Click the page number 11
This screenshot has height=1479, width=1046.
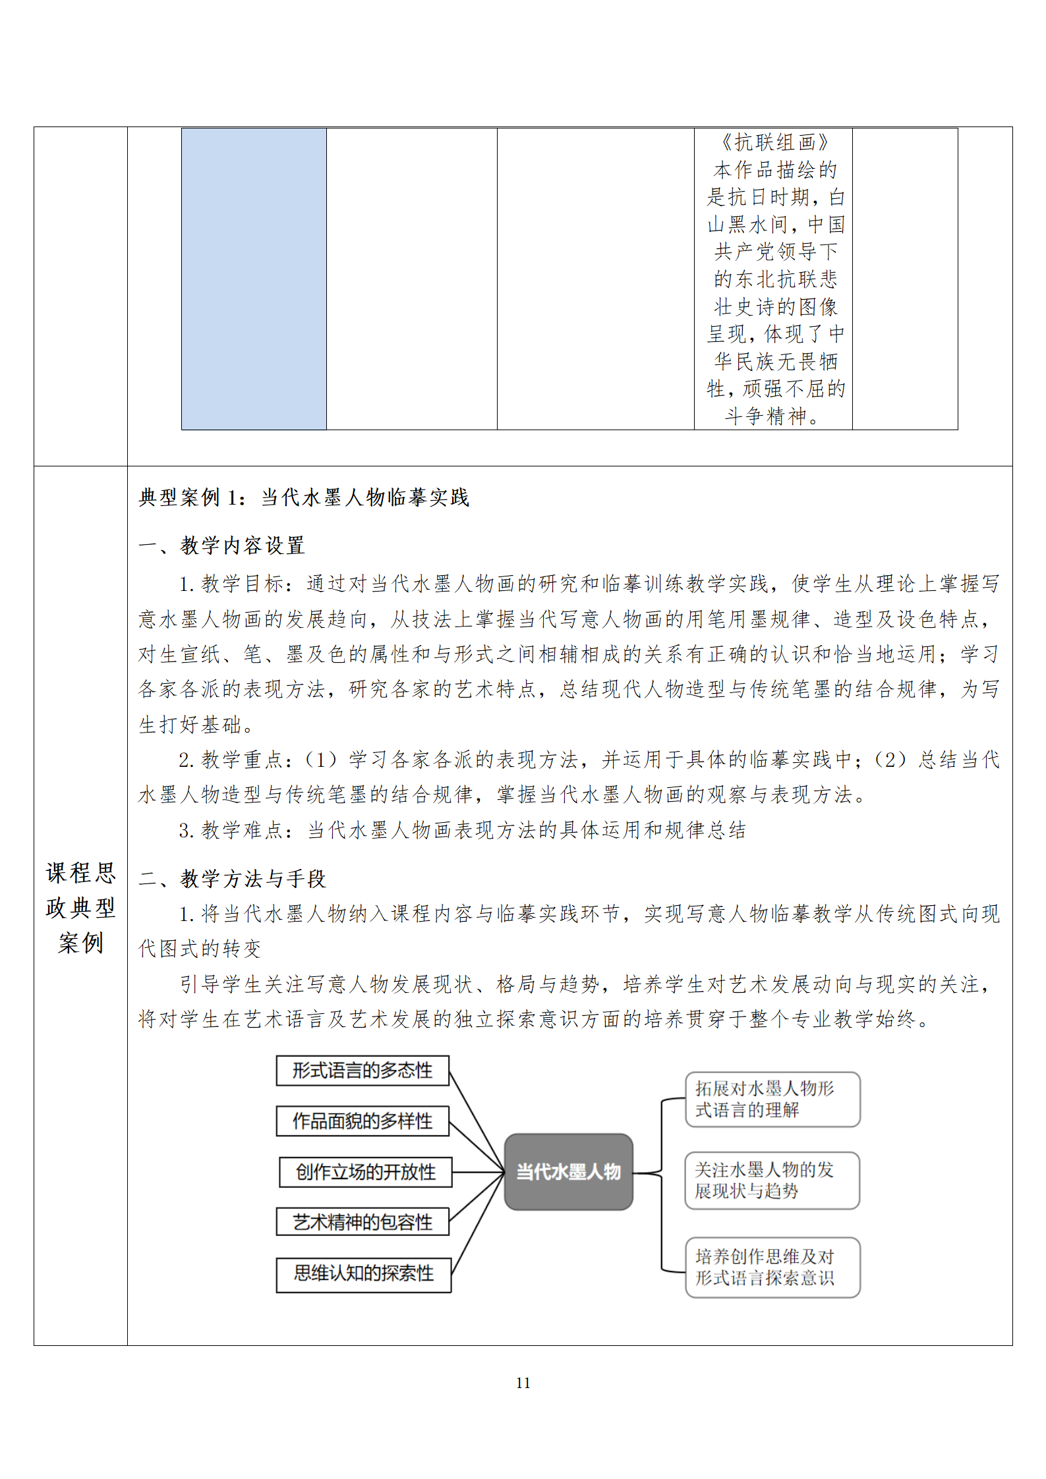pyautogui.click(x=523, y=1383)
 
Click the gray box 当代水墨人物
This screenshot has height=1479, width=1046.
pyautogui.click(x=568, y=1171)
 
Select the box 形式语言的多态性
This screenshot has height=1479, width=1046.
pyautogui.click(x=363, y=1071)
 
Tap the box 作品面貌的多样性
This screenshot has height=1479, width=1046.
pyautogui.click(x=363, y=1121)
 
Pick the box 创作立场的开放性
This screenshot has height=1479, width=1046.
pyautogui.click(x=366, y=1172)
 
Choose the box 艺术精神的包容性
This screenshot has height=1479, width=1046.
pyautogui.click(x=363, y=1222)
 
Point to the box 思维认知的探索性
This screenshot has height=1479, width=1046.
pyautogui.click(x=364, y=1273)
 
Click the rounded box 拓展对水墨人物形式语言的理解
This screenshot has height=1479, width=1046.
pyautogui.click(x=772, y=1100)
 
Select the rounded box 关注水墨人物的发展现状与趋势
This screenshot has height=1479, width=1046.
pyautogui.click(x=772, y=1181)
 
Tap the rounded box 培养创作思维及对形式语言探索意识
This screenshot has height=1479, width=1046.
pyautogui.click(x=772, y=1267)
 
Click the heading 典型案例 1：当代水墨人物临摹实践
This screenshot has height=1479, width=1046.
pyautogui.click(x=304, y=498)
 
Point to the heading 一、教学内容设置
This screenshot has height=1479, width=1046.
pyautogui.click(x=221, y=545)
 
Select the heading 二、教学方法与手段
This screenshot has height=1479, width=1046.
pyautogui.click(x=232, y=878)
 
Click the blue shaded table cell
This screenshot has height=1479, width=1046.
pyautogui.click(x=254, y=279)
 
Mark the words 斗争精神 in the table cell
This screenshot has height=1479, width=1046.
pyautogui.click(x=766, y=416)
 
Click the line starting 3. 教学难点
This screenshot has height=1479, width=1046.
pyautogui.click(x=461, y=830)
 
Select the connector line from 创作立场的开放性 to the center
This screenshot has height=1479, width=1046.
pyautogui.click(x=478, y=1172)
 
